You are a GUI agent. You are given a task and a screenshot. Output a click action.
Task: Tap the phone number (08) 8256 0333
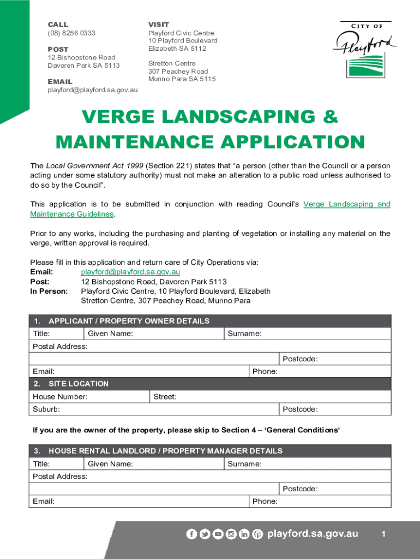coord(71,33)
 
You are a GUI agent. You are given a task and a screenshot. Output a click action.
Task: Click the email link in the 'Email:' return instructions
coord(130,272)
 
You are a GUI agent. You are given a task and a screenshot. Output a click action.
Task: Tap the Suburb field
coord(164,409)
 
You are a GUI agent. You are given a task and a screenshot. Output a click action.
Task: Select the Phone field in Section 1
coord(333,372)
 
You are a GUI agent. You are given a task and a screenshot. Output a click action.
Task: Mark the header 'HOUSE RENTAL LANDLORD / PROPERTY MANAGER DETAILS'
coord(165,451)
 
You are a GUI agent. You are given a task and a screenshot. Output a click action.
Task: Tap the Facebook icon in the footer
coord(191,534)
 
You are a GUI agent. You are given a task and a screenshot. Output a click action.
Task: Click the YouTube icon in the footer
coord(218,534)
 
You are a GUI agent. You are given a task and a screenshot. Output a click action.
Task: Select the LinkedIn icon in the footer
coord(244,534)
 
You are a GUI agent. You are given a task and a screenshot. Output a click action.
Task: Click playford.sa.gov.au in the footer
coord(313,534)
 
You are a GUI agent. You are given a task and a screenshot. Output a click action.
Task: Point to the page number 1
coord(383,534)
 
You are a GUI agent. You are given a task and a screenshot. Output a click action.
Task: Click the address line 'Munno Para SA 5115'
coord(182,79)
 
